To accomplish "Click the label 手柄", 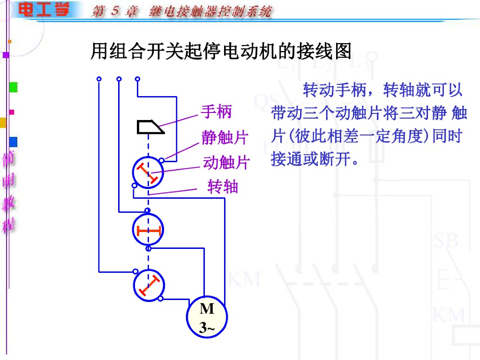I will point(216,112).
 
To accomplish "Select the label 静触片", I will point(224,138).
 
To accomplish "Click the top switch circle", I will point(148,173).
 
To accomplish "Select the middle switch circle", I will point(148,230).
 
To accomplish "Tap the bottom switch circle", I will point(148,285).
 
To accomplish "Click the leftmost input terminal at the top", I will point(99,79).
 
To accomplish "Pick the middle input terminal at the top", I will point(119,79).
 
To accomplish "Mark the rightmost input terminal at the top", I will point(137,79).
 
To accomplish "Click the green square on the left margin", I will point(13,87).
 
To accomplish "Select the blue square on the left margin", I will point(13,142).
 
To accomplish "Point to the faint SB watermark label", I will point(446,240).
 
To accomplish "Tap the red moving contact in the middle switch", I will point(148,230).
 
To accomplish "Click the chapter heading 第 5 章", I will point(114,11).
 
